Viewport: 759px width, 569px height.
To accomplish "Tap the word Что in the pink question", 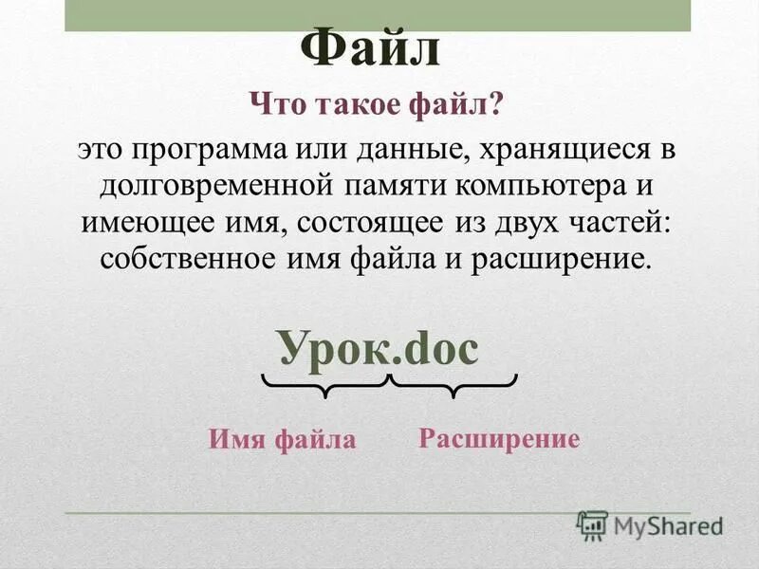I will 277,105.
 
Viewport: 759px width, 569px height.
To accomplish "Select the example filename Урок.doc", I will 378,349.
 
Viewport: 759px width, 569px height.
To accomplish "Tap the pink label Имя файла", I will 282,439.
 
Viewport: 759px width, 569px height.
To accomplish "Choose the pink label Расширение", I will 498,438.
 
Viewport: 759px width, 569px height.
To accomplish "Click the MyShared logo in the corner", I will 650,526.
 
